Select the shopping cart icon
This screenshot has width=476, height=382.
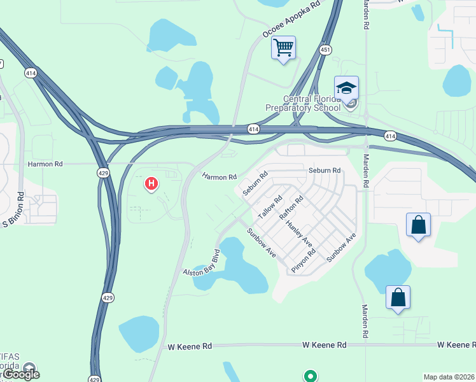pyautogui.click(x=283, y=48)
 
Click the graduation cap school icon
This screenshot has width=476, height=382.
pyautogui.click(x=346, y=88)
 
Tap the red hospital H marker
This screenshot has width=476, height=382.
pyautogui.click(x=151, y=185)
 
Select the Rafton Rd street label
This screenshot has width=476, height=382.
pyautogui.click(x=291, y=208)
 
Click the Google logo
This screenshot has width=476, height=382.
pyautogui.click(x=21, y=374)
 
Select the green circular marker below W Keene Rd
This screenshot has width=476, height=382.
pyautogui.click(x=311, y=376)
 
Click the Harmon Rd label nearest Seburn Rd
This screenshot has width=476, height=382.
pyautogui.click(x=220, y=176)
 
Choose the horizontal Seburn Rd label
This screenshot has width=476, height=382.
pyautogui.click(x=325, y=171)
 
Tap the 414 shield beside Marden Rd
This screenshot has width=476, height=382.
pyautogui.click(x=390, y=136)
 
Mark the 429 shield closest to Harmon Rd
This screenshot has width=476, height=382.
pyautogui.click(x=103, y=173)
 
